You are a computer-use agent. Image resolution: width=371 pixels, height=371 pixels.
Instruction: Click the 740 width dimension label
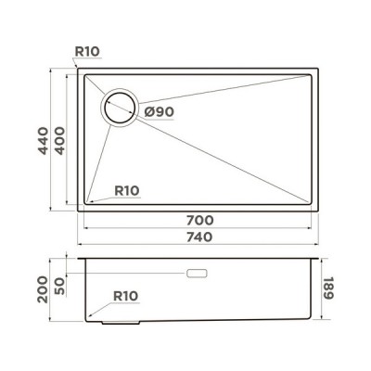199,237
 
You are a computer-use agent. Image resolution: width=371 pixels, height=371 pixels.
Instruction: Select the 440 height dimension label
41,139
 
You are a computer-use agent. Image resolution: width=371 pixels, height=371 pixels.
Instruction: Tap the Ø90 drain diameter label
160,112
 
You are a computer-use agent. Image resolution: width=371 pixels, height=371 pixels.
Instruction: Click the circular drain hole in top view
120,109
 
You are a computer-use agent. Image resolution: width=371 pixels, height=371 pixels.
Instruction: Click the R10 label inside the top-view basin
126,190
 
